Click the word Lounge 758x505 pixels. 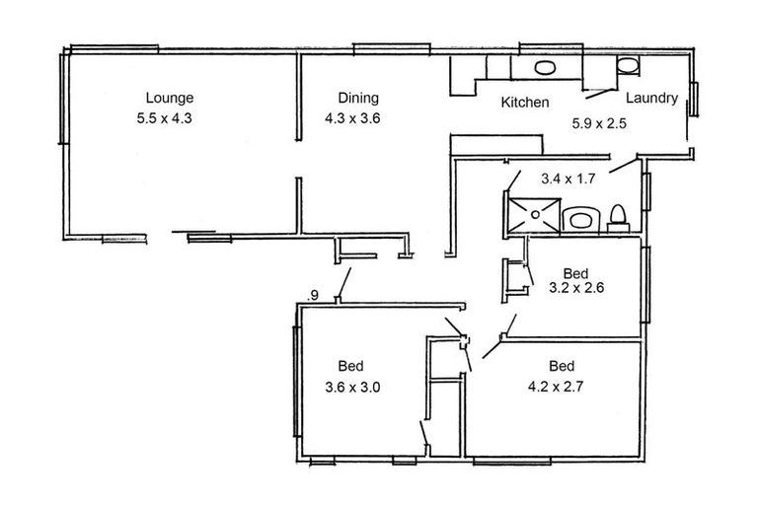click(x=170, y=98)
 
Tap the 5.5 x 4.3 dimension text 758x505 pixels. click(x=170, y=117)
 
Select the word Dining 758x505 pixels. click(x=358, y=98)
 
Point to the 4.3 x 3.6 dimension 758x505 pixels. click(x=352, y=117)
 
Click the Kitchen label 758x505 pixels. click(x=524, y=103)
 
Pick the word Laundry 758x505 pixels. click(x=651, y=98)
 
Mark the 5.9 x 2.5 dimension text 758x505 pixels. click(x=600, y=124)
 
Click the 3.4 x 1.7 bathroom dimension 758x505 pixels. click(x=569, y=180)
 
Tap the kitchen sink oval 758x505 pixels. click(x=544, y=68)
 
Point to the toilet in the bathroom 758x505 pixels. click(x=618, y=215)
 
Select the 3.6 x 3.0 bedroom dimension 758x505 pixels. click(x=351, y=387)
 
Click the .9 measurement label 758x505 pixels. click(x=313, y=294)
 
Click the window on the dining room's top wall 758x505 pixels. click(x=392, y=47)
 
